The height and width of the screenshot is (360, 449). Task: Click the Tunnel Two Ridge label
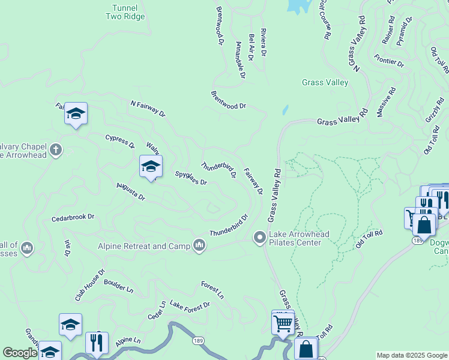[x=125, y=12]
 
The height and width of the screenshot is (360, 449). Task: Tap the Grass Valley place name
[x=325, y=83]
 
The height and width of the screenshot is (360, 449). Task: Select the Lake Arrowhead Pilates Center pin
[x=260, y=238]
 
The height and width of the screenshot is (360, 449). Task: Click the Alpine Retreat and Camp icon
[x=199, y=245]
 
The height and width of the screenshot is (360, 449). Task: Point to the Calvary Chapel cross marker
[x=56, y=149]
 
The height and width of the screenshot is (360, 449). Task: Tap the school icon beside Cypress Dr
[x=76, y=113]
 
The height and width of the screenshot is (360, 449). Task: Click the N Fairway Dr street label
[x=148, y=107]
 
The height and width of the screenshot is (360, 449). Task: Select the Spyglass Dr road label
[x=191, y=178]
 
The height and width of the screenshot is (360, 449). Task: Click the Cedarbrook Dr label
[x=73, y=217]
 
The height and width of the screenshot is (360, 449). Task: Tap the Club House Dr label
[x=90, y=285]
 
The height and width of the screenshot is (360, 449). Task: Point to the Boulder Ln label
[x=118, y=286]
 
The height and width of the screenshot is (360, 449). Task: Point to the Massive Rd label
[x=387, y=102]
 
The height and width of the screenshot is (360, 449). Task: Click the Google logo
[x=19, y=353]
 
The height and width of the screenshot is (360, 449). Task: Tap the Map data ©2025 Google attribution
[x=411, y=355]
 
